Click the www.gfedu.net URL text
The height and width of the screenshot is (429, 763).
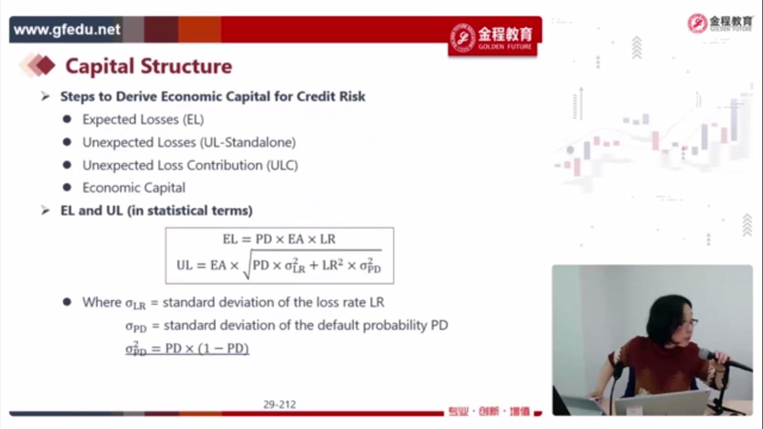tap(67, 30)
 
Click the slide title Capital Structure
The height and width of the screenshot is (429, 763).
tap(149, 66)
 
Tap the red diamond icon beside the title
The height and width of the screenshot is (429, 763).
tap(45, 65)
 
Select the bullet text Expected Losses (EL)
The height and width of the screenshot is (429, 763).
tap(143, 120)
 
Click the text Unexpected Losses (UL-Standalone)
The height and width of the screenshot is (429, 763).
tap(189, 143)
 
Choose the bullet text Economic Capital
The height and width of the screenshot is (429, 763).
tap(134, 187)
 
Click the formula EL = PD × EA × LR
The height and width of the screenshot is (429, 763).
tap(279, 239)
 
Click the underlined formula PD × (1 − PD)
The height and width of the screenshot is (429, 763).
tap(207, 348)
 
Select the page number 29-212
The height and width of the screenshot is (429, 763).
tap(280, 404)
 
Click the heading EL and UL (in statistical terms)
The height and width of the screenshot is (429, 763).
tap(156, 211)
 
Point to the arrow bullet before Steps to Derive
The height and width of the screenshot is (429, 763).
tap(45, 96)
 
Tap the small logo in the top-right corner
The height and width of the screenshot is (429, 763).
tap(720, 23)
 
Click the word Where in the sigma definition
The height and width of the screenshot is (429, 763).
tap(102, 302)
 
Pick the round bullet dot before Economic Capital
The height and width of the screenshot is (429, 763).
tap(67, 187)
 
